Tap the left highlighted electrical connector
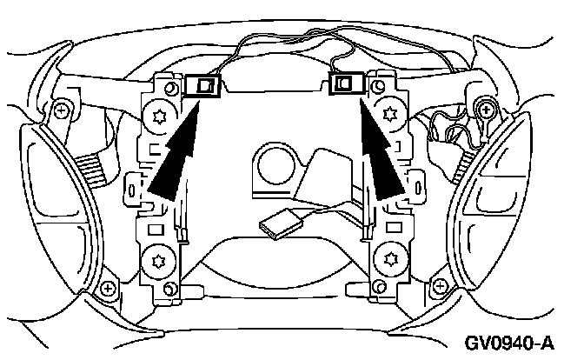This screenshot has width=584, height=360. click(207, 85)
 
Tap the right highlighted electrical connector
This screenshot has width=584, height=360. click(348, 83)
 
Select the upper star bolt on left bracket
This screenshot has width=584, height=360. click(161, 117)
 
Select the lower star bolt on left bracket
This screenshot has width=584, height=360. click(158, 258)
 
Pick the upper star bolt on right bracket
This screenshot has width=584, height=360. click(385, 115)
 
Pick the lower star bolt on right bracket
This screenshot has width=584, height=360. click(387, 257)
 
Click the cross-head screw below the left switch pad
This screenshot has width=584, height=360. click(108, 287)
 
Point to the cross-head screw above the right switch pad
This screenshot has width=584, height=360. click(486, 107)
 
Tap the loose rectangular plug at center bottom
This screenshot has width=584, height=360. click(279, 227)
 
